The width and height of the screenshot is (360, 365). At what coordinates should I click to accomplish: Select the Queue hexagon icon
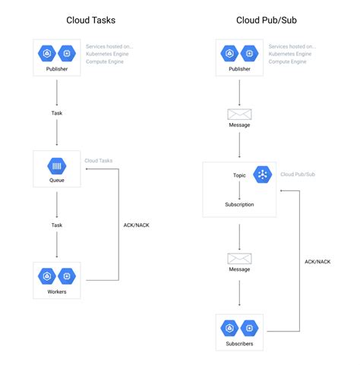click(x=57, y=166)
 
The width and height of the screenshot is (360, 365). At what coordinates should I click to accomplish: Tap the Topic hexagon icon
click(x=263, y=174)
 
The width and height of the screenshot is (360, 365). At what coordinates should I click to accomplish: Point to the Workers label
click(x=57, y=291)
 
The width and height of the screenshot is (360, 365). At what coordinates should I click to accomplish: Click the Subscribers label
click(x=239, y=344)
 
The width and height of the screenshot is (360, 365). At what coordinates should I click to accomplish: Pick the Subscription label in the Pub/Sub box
click(x=239, y=204)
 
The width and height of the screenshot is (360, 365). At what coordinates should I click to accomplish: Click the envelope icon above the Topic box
click(x=239, y=115)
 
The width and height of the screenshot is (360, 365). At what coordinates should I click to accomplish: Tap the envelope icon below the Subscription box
click(x=239, y=259)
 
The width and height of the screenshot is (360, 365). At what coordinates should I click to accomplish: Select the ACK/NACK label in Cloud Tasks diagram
click(x=136, y=225)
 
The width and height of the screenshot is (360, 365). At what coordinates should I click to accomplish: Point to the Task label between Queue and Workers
click(x=57, y=225)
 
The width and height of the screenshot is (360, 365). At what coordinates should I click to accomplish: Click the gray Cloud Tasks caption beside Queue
click(x=99, y=161)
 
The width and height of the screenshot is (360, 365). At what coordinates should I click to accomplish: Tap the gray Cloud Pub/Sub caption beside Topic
click(x=298, y=174)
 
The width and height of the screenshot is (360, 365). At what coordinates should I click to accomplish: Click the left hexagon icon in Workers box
click(x=47, y=276)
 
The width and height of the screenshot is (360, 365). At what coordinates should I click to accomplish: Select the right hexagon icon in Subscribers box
click(x=248, y=328)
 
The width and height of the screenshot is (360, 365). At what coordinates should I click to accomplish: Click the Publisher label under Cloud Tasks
click(x=57, y=68)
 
